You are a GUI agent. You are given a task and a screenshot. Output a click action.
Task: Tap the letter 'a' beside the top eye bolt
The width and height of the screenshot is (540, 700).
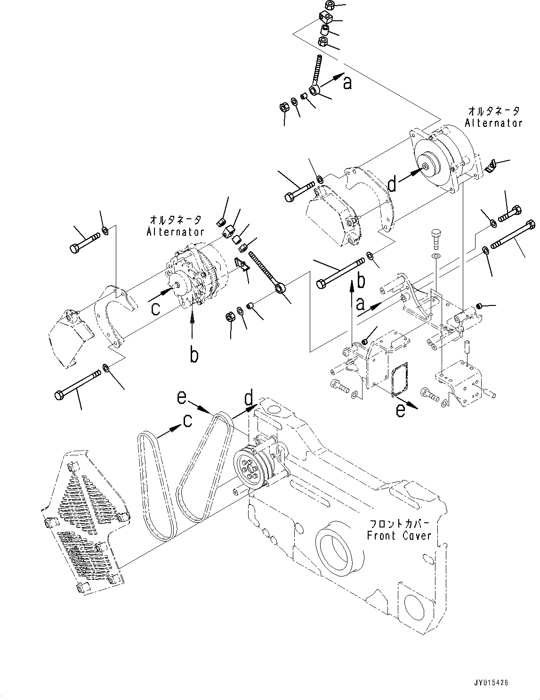(347, 83)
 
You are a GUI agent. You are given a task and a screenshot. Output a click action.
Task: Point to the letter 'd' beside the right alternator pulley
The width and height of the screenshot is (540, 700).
(392, 185)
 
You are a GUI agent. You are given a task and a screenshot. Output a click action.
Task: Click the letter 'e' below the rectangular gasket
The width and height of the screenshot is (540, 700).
(400, 411)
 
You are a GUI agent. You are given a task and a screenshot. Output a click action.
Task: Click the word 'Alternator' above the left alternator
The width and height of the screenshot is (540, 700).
(175, 231)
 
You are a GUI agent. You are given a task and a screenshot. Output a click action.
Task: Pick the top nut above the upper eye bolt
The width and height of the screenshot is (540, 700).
(330, 6)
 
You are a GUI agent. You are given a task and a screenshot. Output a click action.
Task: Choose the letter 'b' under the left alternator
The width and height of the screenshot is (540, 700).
(193, 354)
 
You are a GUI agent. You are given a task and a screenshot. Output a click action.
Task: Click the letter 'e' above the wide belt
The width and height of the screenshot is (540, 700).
(181, 398)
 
